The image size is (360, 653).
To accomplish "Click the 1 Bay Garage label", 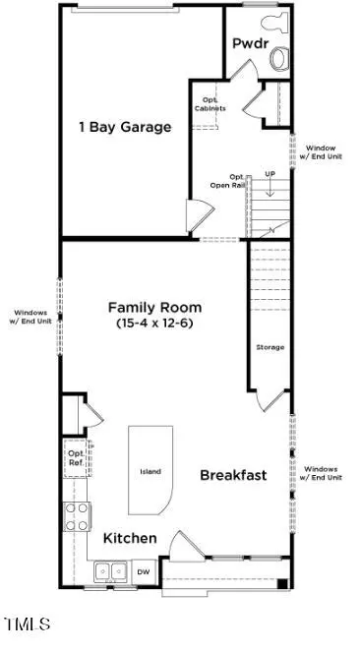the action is tap(126, 127).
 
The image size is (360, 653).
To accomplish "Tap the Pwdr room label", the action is tap(251, 43).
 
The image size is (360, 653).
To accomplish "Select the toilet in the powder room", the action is tap(274, 22).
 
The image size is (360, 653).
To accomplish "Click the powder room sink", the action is tap(279, 58).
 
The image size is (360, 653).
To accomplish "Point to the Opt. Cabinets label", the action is tap(214, 104).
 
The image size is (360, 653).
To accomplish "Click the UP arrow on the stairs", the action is tap(270, 188).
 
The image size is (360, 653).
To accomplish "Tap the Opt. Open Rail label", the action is tap(227, 181).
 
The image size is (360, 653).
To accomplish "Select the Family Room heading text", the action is tap(155, 308).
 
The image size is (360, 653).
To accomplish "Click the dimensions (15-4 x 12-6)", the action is tap(155, 323).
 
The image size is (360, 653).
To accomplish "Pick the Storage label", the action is tap(270, 347).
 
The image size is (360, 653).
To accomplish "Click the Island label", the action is tap(150, 472).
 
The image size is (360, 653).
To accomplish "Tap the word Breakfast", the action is tap(233, 475).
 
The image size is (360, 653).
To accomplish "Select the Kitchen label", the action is tap(130, 538).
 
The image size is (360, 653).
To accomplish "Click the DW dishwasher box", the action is tap(145, 572).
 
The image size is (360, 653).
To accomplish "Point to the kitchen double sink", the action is tap(110, 571).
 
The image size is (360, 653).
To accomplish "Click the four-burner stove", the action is tap(77, 517).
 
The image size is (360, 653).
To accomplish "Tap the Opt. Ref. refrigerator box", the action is tap(77, 457).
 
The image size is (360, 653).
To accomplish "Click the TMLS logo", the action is tap(28, 624).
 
